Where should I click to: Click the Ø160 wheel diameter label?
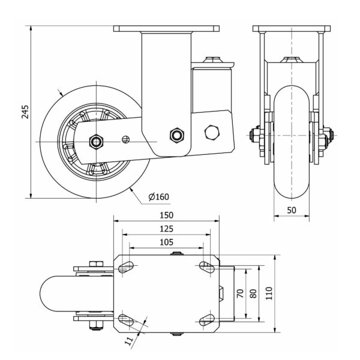[x=158, y=196]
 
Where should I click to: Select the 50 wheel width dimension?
[x=291, y=210]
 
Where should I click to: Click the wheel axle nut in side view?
[x=95, y=142]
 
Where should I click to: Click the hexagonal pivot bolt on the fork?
[x=177, y=134]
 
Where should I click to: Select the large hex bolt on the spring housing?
[x=212, y=132]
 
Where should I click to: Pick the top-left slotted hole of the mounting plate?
[x=126, y=266]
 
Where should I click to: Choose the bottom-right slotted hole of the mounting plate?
[x=206, y=319]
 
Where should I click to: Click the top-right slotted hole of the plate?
[x=206, y=266]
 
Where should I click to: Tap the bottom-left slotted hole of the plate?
[x=126, y=319]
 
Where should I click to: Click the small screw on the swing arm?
[x=126, y=140]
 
